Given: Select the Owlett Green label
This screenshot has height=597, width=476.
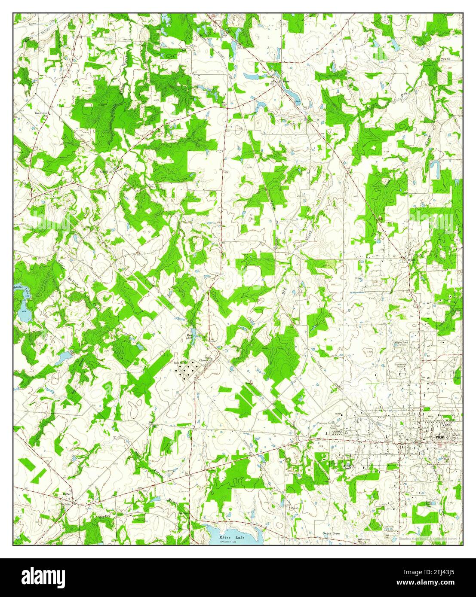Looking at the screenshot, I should (331, 533).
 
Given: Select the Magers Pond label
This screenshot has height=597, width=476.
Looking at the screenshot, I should (401, 343).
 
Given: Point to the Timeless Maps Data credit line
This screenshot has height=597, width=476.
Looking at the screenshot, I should (430, 538).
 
